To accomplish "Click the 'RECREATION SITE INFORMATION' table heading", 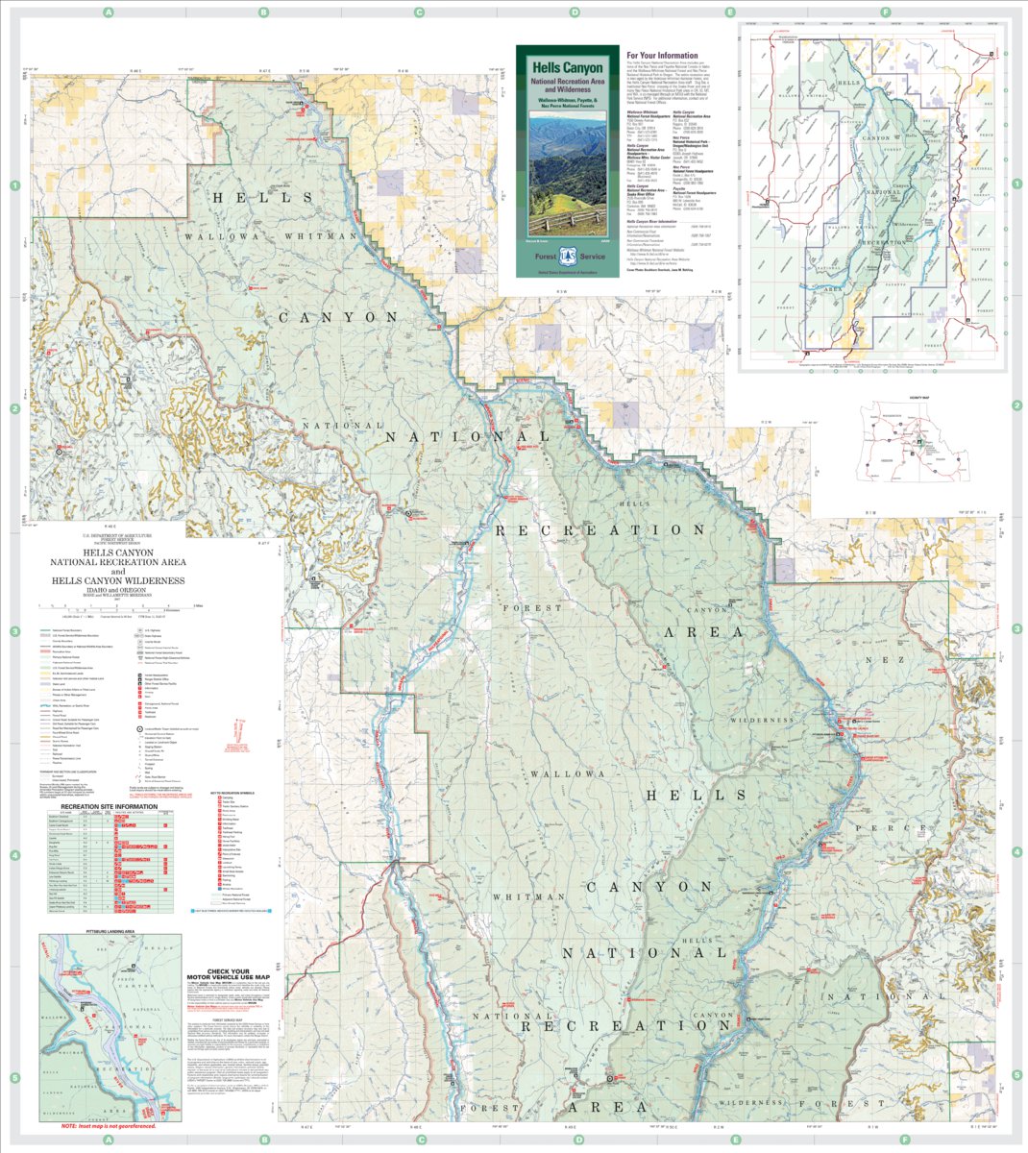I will (106, 805).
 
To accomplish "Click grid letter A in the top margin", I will (109, 12).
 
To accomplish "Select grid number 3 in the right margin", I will (1016, 628).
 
